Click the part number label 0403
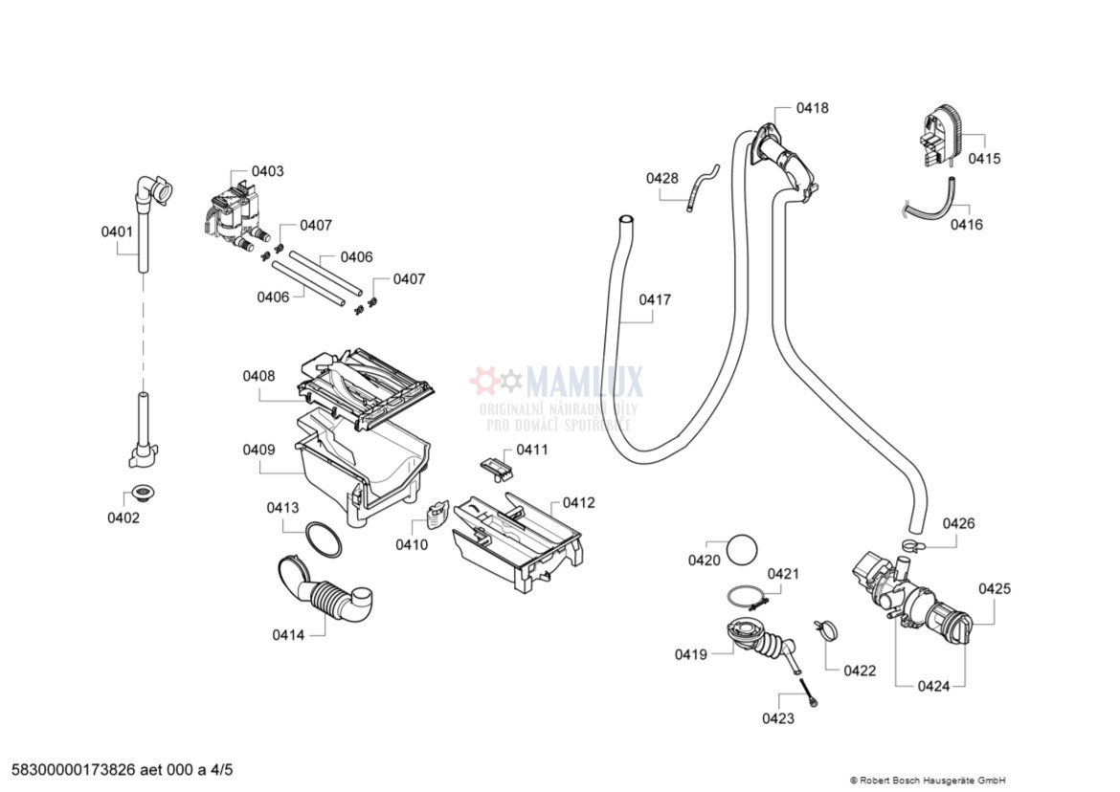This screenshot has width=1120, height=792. [267, 171]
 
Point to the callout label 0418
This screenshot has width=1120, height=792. [813, 108]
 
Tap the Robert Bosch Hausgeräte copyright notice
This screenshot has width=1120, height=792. [927, 781]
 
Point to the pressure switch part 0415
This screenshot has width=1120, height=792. [938, 139]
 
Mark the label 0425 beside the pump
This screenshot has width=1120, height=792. [995, 589]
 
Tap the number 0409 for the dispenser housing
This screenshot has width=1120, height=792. [258, 450]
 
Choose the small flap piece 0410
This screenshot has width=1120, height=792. [436, 517]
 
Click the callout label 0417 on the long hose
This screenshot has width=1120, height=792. [655, 299]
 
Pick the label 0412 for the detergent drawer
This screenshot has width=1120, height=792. [578, 502]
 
